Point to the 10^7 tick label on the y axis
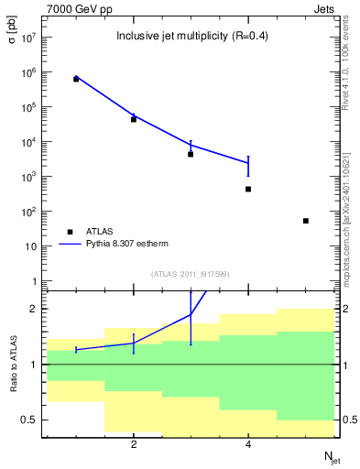(27, 38)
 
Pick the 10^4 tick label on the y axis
(27, 142)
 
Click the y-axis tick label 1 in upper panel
(33, 281)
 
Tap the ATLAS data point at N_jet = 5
(306, 221)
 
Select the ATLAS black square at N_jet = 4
(248, 189)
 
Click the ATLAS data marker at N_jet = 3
(191, 154)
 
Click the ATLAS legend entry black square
(71, 232)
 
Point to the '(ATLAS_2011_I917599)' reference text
(191, 274)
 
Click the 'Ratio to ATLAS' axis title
(13, 365)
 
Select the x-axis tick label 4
(248, 445)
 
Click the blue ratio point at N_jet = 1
(76, 349)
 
